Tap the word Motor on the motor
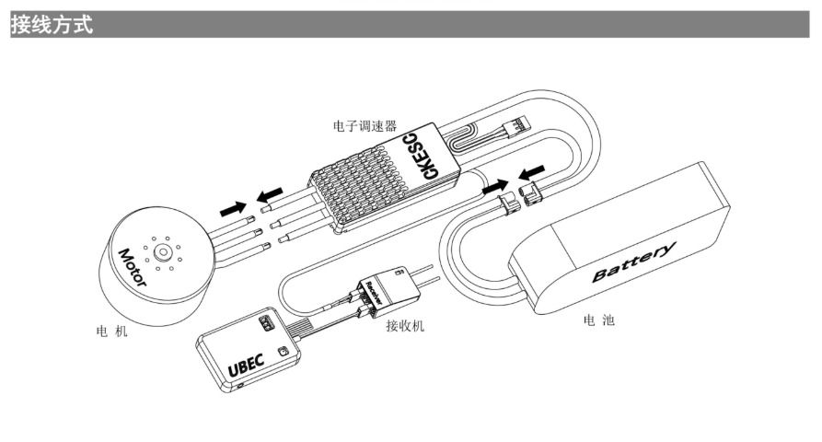click(x=131, y=268)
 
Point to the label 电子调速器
click(x=365, y=124)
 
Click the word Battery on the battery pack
click(x=634, y=262)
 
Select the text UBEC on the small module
click(x=246, y=365)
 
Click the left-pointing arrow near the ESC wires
click(x=270, y=196)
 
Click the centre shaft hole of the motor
click(x=163, y=250)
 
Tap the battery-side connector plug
click(x=532, y=194)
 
